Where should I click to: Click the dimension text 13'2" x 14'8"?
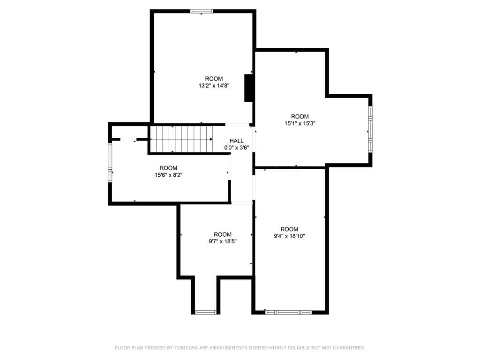click(214, 86)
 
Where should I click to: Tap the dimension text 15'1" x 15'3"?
click(300, 124)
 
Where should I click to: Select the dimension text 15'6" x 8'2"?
click(168, 175)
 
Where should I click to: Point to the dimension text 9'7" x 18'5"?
click(223, 242)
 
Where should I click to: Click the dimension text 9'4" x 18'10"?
click(289, 236)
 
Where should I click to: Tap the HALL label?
click(236, 141)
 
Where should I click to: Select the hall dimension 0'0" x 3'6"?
click(236, 148)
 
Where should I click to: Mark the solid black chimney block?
click(249, 88)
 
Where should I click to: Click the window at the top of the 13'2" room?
click(202, 11)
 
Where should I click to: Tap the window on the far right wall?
click(370, 129)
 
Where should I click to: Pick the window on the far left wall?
click(110, 162)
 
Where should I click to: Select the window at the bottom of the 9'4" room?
click(288, 312)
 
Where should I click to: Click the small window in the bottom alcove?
click(205, 312)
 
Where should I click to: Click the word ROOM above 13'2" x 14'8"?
click(214, 79)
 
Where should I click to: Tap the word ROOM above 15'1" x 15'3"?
click(300, 117)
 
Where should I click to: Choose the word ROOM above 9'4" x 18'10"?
click(289, 229)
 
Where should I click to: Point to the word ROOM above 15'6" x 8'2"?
click(168, 168)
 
